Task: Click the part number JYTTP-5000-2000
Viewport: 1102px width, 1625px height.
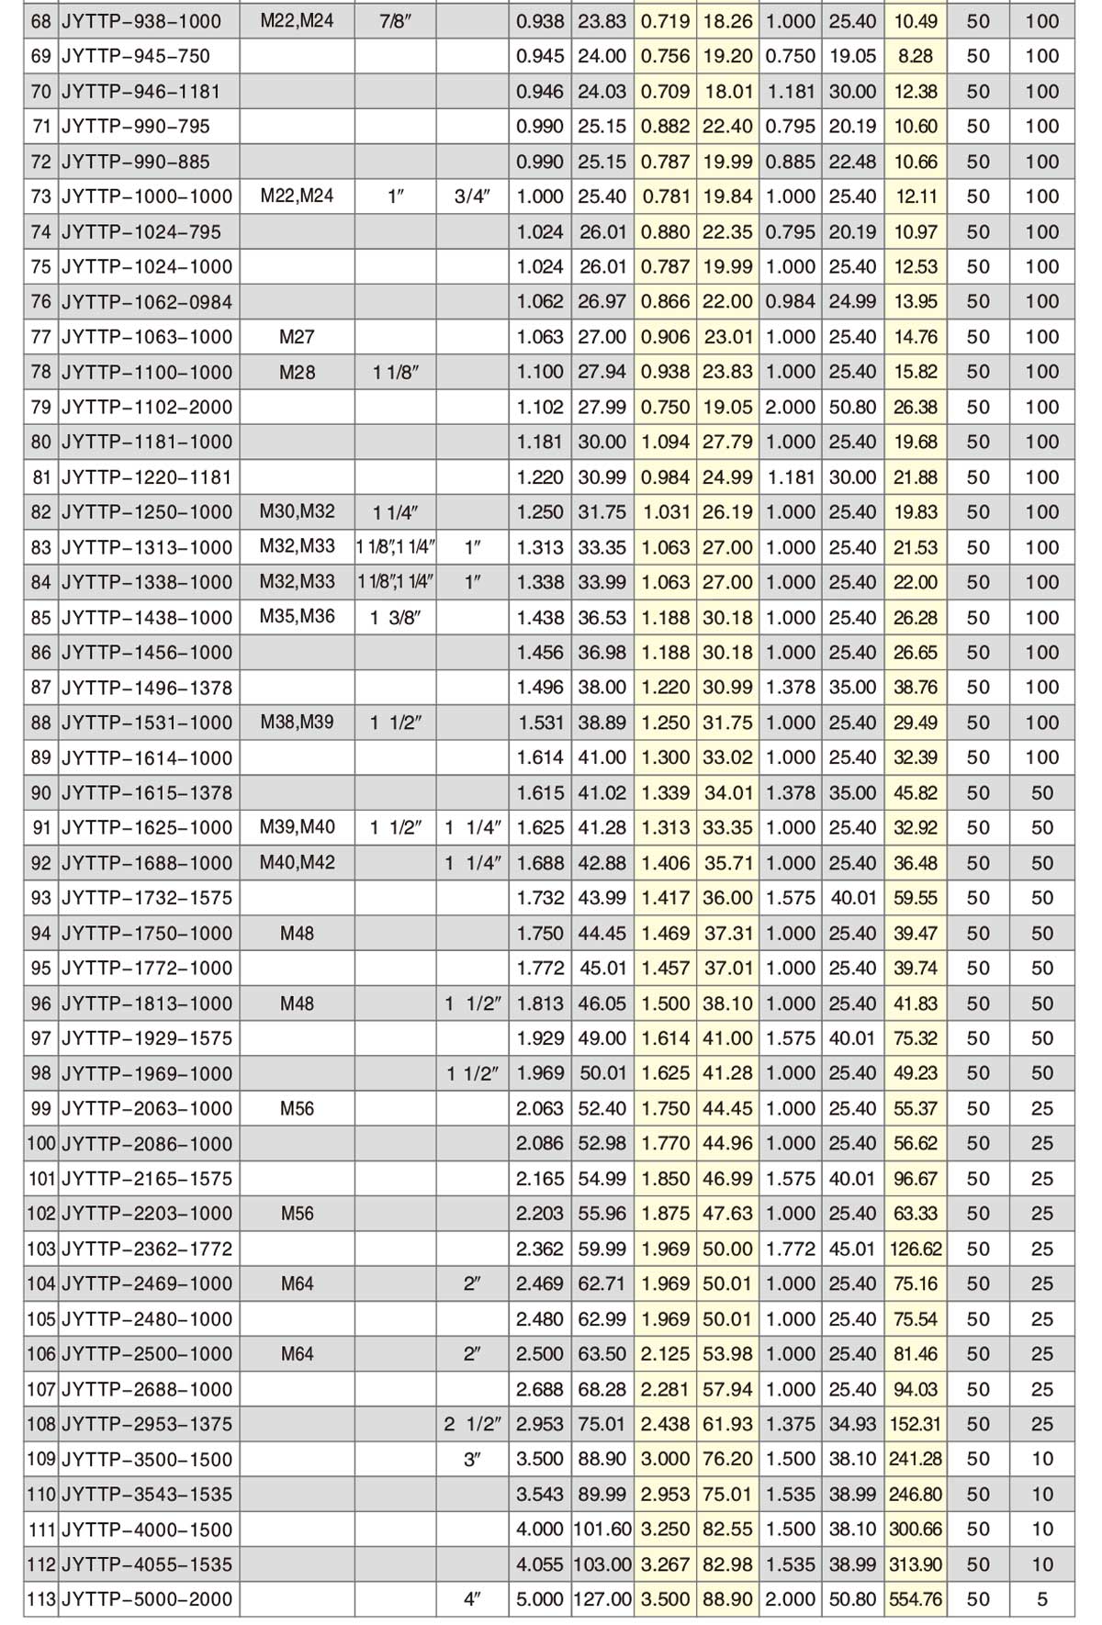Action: tap(147, 1599)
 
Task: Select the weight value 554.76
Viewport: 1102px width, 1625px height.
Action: tap(915, 1599)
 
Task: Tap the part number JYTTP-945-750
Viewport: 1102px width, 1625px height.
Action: tap(136, 57)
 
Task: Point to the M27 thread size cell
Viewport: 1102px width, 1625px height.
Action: tap(297, 337)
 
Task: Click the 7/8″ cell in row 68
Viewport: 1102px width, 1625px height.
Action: tap(395, 21)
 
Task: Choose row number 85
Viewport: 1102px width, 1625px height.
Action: tap(41, 618)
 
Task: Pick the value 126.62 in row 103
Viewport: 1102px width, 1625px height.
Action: tap(915, 1249)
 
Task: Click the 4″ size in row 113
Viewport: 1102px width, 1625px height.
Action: tap(472, 1599)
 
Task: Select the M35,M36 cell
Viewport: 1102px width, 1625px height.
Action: tap(297, 617)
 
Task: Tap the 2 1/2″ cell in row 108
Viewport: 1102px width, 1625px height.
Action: tap(472, 1424)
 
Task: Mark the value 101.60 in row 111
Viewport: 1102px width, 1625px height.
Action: tap(602, 1530)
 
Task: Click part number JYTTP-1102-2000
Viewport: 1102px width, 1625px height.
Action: tap(147, 407)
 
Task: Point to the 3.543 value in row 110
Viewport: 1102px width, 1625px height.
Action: tap(540, 1495)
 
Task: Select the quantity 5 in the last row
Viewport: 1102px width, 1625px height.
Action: tap(1041, 1599)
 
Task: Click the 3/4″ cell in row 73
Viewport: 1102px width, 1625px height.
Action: tap(472, 196)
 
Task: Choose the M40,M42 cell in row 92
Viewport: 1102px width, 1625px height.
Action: tap(297, 863)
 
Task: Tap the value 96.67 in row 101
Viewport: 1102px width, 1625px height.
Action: tap(915, 1179)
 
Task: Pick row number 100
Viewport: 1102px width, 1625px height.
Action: tap(41, 1144)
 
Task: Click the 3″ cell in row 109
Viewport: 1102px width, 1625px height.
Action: tap(472, 1460)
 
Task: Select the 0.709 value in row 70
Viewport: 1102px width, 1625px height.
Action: tap(665, 92)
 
